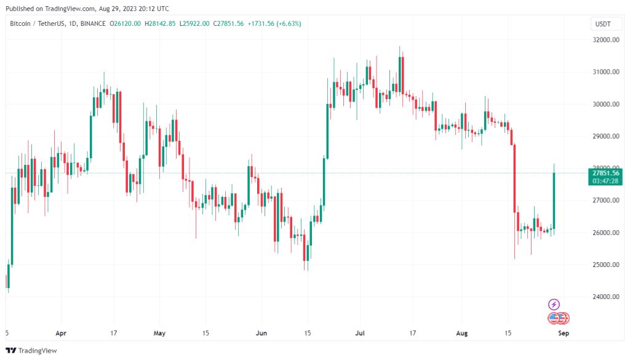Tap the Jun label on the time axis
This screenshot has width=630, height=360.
(262, 333)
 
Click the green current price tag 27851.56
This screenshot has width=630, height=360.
(602, 173)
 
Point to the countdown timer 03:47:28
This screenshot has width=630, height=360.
(602, 181)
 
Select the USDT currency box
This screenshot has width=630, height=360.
(603, 24)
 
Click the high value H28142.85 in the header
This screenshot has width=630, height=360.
(160, 23)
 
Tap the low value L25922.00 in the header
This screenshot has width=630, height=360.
(194, 23)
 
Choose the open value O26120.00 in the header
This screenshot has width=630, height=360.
(126, 23)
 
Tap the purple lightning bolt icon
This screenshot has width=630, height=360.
(554, 304)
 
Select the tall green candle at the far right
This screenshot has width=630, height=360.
(554, 200)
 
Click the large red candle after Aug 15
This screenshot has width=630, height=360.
(514, 178)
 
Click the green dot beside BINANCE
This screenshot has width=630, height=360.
(106, 23)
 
